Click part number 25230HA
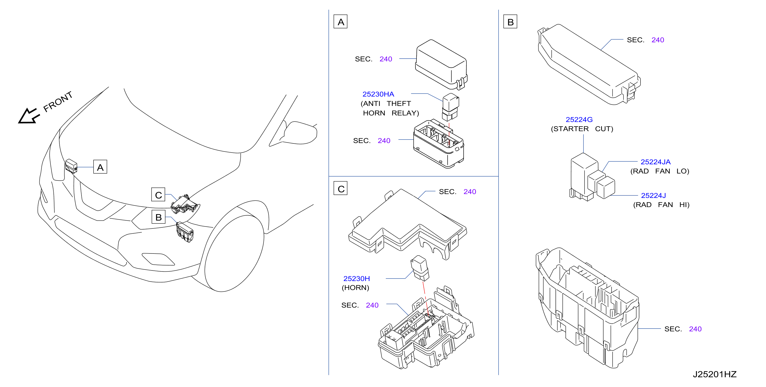tap(378, 94)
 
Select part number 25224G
tap(579, 119)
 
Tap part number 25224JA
tap(655, 162)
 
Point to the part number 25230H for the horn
tap(357, 279)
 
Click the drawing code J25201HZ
tap(714, 374)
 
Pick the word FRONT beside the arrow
tap(58, 101)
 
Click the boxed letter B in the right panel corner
tap(510, 21)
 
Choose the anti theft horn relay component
tap(451, 107)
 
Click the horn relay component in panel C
tap(420, 268)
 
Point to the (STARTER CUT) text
tap(582, 129)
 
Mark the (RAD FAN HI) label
tap(661, 205)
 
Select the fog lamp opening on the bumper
tap(158, 259)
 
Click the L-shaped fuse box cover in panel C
tap(407, 225)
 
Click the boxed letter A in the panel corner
tap(340, 21)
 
